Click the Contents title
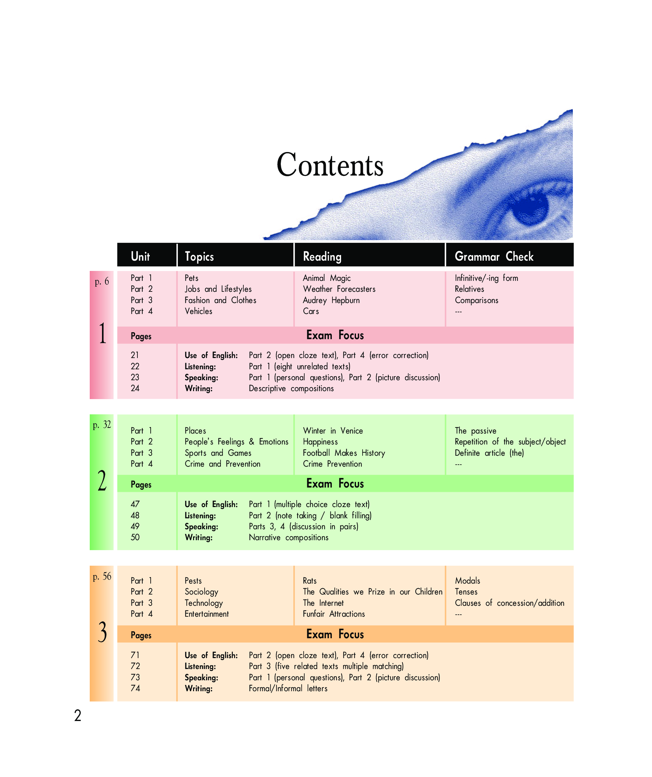[x=330, y=165]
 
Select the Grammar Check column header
[x=494, y=256]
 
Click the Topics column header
[x=199, y=256]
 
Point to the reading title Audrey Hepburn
[x=331, y=300]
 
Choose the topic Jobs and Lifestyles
[x=218, y=289]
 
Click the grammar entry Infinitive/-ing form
[x=486, y=278]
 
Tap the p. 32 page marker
[x=102, y=424]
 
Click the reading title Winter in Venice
[x=333, y=431]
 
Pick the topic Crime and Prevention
[x=223, y=464]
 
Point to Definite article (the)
[x=489, y=453]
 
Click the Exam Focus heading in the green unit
[x=335, y=484]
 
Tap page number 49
[x=135, y=526]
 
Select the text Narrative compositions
[x=288, y=538]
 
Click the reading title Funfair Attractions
[x=334, y=614]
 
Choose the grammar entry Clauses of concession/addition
[x=510, y=603]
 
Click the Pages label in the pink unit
[x=141, y=336]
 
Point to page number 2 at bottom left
[x=78, y=716]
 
